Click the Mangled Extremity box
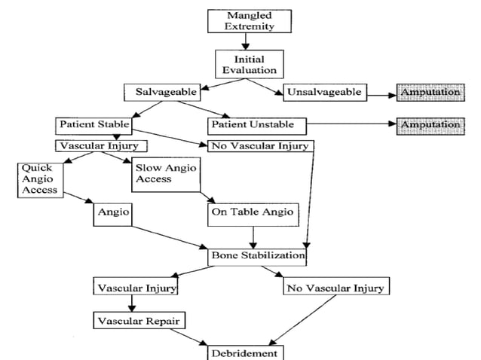click(244, 20)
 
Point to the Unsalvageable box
click(325, 93)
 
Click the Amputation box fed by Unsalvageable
click(429, 93)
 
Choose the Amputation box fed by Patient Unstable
click(429, 124)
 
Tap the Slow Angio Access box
click(164, 173)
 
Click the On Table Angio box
click(251, 213)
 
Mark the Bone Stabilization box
click(257, 256)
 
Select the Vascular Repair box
click(139, 321)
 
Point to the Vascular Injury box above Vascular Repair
click(136, 288)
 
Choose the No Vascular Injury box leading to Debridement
click(335, 288)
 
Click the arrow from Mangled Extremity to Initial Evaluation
click(244, 41)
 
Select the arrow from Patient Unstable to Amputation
click(351, 124)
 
